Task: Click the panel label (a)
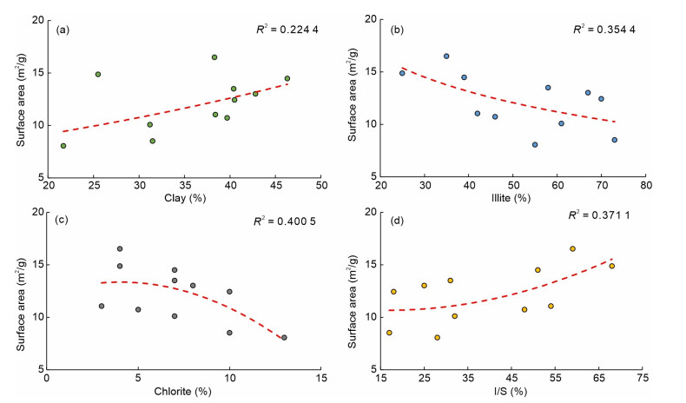63,30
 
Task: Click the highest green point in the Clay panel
214,57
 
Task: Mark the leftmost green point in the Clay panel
63,146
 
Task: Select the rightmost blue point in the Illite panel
614,140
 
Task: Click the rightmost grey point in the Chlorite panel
284,338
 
